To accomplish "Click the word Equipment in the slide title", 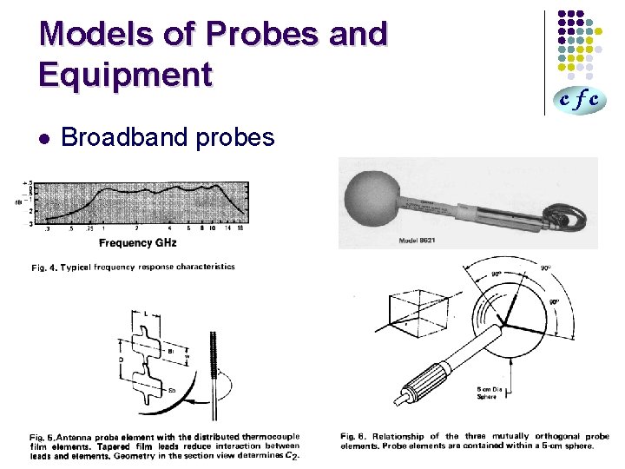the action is (125, 75).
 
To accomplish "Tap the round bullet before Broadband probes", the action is (44, 138).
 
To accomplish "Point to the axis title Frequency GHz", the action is (137, 242).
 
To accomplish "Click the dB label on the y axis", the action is (19, 202).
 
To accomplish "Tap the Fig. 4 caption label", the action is (44, 268).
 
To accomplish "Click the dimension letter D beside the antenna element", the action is (122, 355).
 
